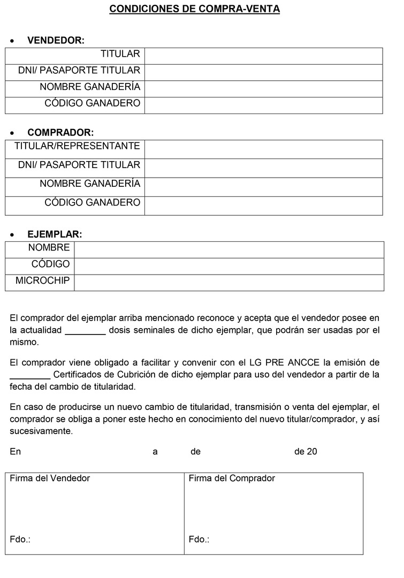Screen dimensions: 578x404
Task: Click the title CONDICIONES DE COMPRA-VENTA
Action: pyautogui.click(x=195, y=9)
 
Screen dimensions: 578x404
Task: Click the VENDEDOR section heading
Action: pyautogui.click(x=56, y=41)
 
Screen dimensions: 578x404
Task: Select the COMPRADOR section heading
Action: pyautogui.click(x=60, y=133)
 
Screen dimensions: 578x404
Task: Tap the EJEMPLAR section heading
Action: pyautogui.click(x=55, y=234)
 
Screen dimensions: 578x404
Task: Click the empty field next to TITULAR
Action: pyautogui.click(x=263, y=56)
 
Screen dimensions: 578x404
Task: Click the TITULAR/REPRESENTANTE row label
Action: pyautogui.click(x=77, y=146)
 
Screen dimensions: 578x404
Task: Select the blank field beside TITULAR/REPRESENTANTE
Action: pyautogui.click(x=263, y=149)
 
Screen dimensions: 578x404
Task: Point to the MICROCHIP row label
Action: pyautogui.click(x=42, y=280)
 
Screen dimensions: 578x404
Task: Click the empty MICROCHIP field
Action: pyautogui.click(x=228, y=283)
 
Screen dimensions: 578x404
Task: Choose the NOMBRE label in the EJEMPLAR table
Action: pyautogui.click(x=49, y=247)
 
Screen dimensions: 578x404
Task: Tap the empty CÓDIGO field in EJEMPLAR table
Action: pyautogui.click(x=228, y=266)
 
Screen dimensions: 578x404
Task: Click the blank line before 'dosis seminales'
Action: pyautogui.click(x=85, y=331)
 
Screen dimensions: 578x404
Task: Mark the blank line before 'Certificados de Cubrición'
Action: pyautogui.click(x=30, y=375)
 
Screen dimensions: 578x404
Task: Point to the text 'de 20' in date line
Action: pyautogui.click(x=306, y=452)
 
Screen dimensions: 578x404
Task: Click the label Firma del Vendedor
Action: pyautogui.click(x=50, y=478)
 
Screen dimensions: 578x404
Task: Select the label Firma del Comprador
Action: pyautogui.click(x=232, y=478)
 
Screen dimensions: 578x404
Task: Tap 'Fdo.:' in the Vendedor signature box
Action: pyautogui.click(x=20, y=539)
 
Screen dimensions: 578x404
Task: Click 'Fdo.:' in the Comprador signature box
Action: pyautogui.click(x=199, y=539)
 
